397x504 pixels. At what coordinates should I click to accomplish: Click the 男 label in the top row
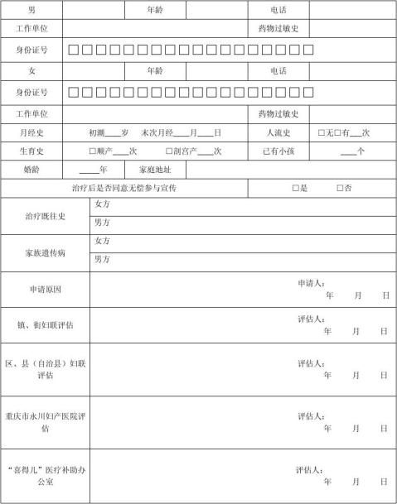click(31, 10)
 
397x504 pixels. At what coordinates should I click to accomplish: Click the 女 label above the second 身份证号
click(31, 71)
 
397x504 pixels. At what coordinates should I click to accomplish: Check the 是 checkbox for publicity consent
click(295, 189)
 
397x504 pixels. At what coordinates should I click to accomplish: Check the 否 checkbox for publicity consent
click(340, 189)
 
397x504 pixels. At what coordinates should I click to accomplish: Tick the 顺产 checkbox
click(93, 151)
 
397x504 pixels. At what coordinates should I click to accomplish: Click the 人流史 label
click(278, 132)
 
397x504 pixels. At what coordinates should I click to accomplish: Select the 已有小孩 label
click(278, 151)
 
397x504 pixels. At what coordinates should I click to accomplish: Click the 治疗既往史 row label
click(45, 217)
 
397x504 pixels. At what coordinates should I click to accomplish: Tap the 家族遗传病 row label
click(45, 252)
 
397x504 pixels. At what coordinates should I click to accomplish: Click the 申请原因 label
click(45, 289)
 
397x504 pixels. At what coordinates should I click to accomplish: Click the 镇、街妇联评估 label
click(45, 325)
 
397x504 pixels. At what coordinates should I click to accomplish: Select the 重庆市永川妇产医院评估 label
click(45, 422)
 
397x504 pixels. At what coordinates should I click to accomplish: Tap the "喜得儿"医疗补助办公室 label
click(45, 475)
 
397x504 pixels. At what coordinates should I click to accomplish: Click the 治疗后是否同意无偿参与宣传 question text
click(125, 189)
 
